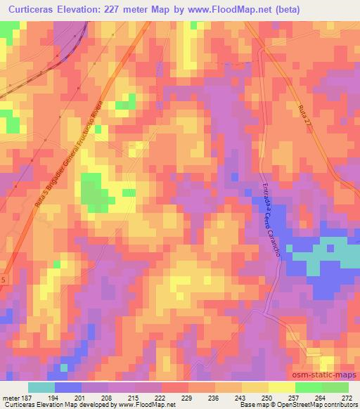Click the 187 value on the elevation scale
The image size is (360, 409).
click(x=25, y=398)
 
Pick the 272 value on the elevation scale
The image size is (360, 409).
click(x=347, y=398)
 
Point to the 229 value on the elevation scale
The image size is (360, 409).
click(x=186, y=398)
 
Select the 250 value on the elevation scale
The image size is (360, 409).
click(x=266, y=398)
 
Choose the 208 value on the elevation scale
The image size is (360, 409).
click(x=106, y=398)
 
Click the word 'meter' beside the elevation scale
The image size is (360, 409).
click(x=10, y=398)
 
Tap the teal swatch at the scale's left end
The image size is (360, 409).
click(x=41, y=387)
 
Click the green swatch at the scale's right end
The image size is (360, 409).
click(x=335, y=387)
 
